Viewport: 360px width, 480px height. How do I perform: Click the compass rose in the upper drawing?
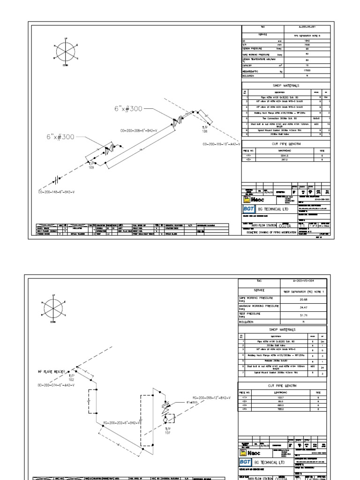(x=64, y=52)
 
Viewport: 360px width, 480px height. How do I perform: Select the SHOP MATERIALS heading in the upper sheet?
(x=286, y=86)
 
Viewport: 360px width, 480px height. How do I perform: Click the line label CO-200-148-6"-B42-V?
(x=56, y=192)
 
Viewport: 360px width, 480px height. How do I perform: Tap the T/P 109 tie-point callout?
(x=92, y=165)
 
